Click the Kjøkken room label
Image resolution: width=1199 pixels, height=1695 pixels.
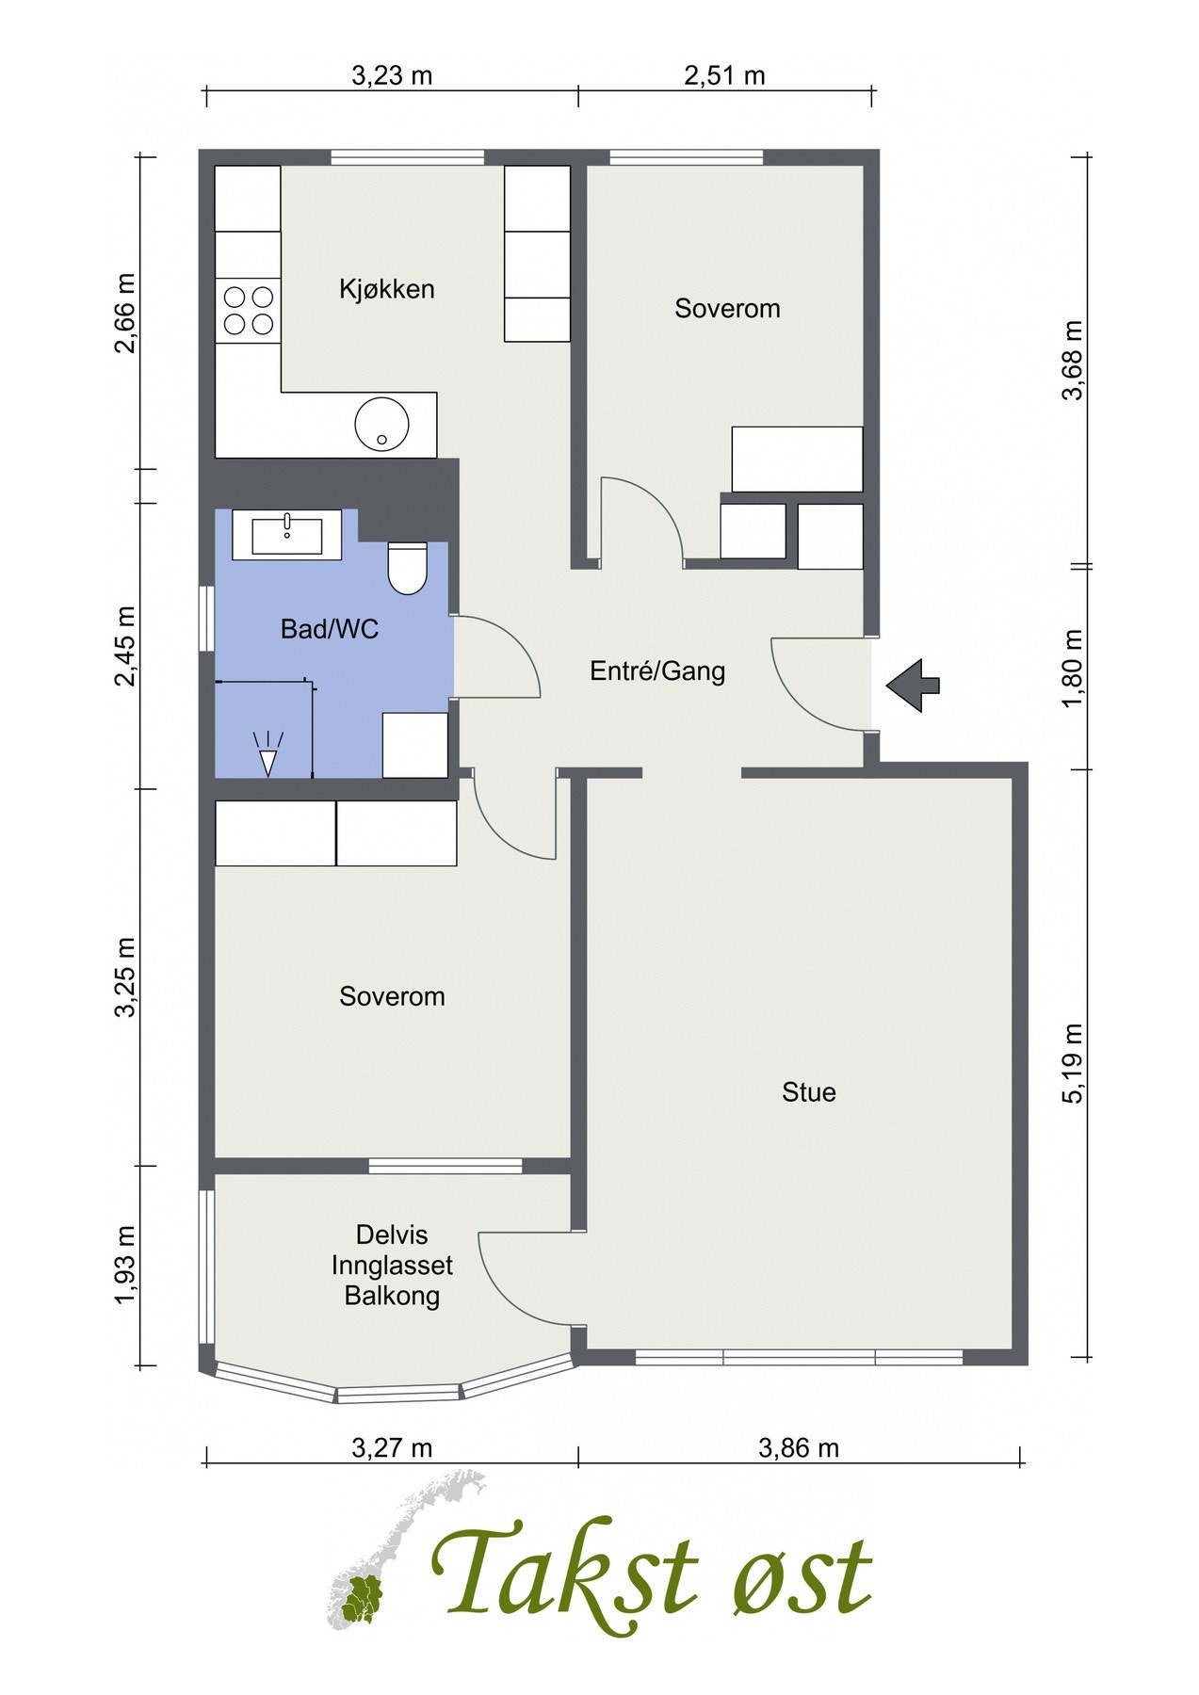(387, 289)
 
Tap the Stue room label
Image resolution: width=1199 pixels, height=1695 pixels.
(809, 1092)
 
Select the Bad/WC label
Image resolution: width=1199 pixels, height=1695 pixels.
(330, 629)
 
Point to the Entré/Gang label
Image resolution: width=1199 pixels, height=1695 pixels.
(657, 671)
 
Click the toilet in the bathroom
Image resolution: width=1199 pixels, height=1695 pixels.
(407, 568)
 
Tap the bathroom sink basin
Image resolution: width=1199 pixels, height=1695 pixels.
(287, 536)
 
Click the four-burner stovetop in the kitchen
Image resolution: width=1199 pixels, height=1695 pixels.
(248, 311)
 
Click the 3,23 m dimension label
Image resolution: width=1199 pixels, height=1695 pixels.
(392, 75)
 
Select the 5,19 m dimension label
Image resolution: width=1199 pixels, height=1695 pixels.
(1073, 1062)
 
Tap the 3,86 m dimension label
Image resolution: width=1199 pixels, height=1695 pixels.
(799, 1447)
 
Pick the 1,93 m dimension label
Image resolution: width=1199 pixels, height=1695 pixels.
(125, 1267)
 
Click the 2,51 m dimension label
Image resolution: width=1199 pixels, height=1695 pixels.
(724, 75)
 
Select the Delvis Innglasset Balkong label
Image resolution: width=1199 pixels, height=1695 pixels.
(392, 1266)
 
